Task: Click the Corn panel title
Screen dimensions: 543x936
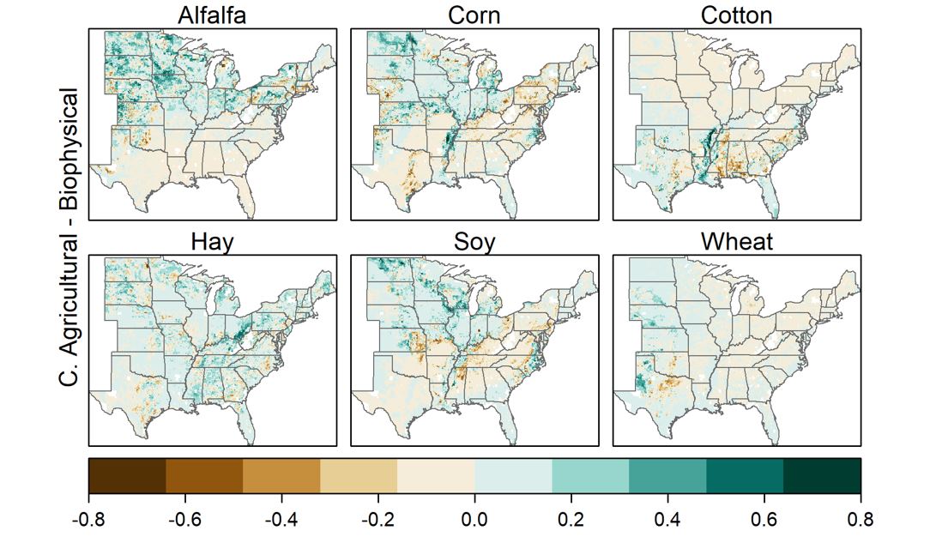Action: [474, 15]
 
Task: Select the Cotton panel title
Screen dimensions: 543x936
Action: [736, 15]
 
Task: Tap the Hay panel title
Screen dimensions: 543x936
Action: [212, 242]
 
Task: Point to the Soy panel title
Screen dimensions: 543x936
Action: [474, 242]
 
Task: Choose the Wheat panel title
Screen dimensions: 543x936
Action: [736, 242]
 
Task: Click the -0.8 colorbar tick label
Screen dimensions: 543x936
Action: [88, 520]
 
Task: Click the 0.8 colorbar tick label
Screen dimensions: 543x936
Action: [861, 520]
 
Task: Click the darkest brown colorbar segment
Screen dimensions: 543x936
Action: [127, 475]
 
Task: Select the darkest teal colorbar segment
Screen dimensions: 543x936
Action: [822, 475]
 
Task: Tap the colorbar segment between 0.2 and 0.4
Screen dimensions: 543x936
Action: [590, 475]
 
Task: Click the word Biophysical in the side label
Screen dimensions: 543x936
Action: [69, 160]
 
